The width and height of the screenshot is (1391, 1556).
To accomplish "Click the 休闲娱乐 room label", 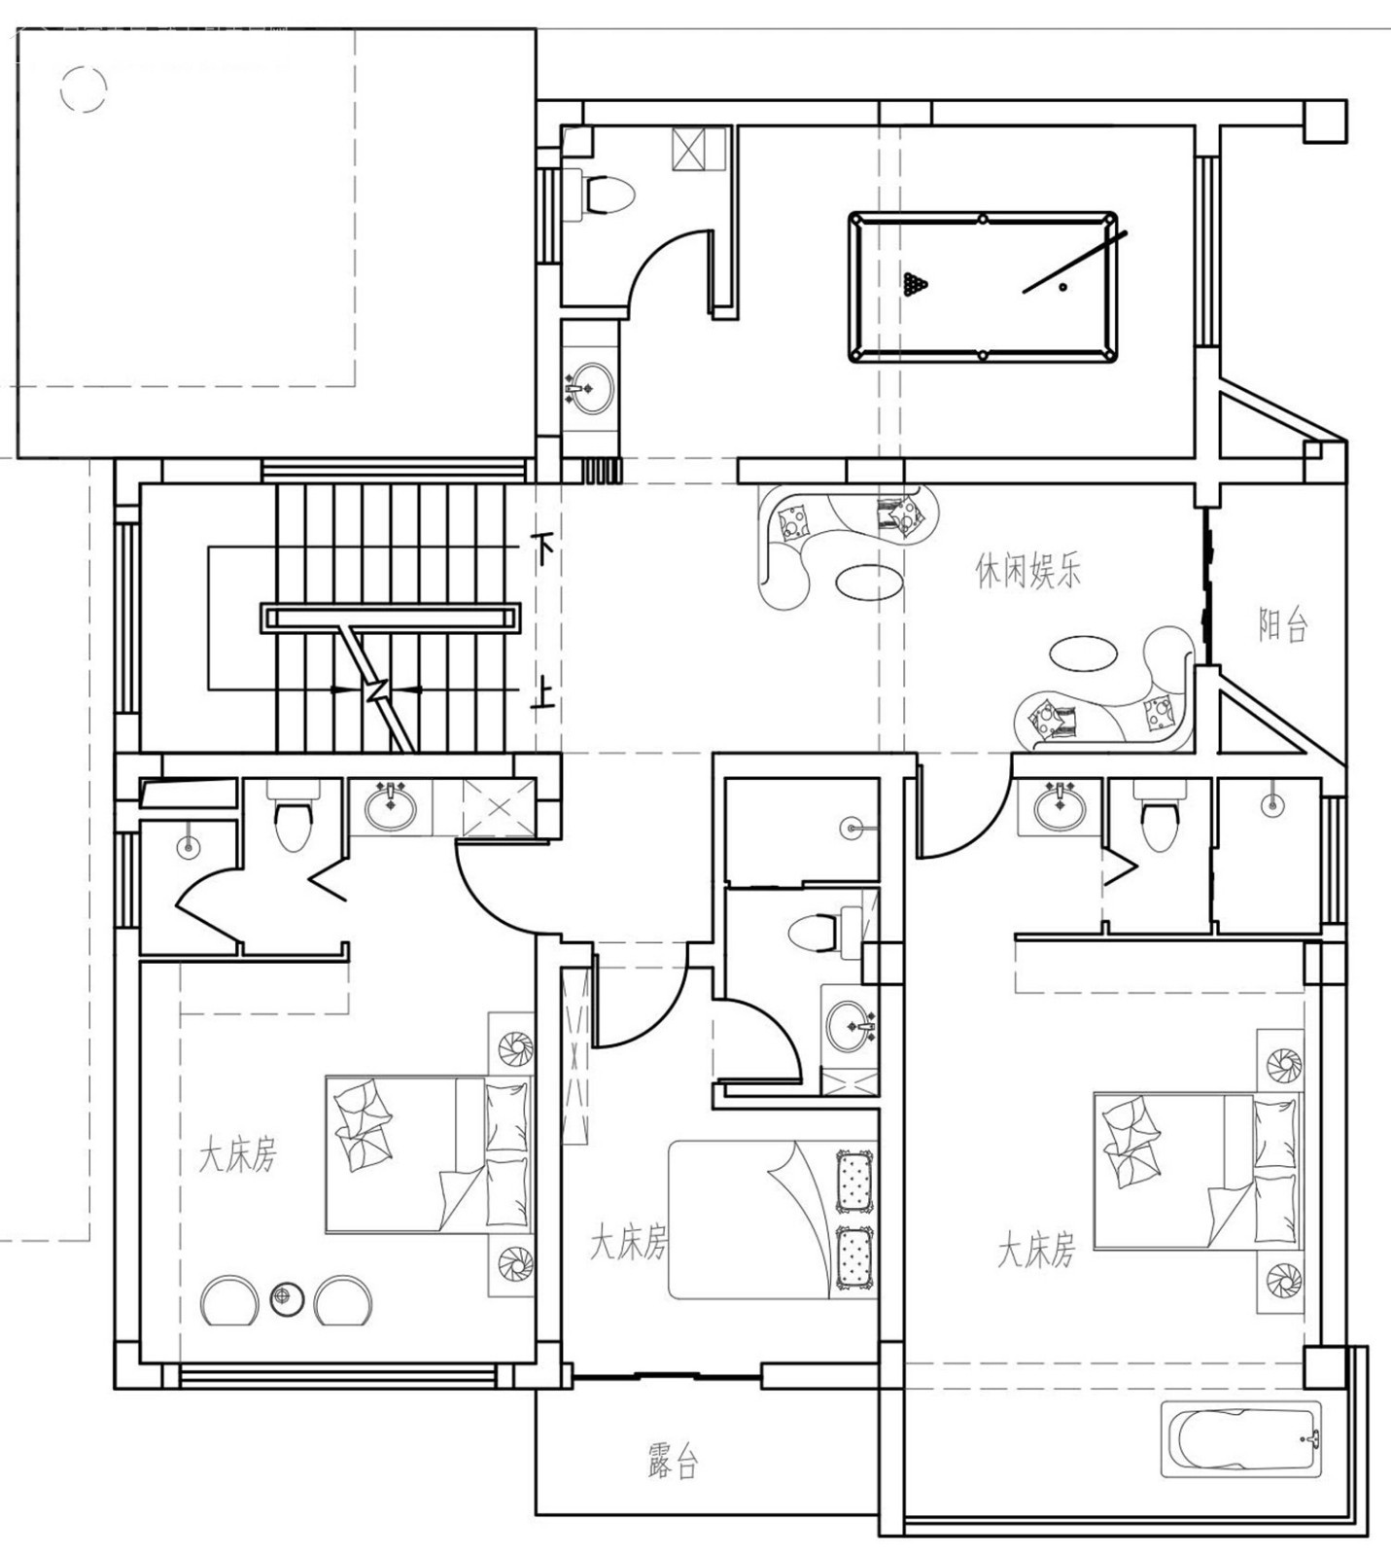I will click(1027, 571).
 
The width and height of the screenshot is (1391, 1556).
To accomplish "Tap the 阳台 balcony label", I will click(1282, 624).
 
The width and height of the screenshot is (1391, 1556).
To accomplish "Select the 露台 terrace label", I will click(673, 1461).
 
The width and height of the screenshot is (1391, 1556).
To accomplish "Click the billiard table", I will click(983, 286).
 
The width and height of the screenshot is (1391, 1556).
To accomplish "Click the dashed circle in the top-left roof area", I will click(83, 88).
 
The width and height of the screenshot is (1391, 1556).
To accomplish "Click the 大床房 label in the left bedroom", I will click(238, 1156).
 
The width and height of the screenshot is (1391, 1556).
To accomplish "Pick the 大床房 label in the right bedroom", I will click(1036, 1251).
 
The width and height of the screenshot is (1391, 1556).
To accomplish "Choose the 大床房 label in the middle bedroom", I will click(629, 1244).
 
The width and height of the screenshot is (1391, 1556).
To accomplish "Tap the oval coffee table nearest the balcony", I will click(1081, 653).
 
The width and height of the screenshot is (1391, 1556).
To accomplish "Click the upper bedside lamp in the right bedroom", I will click(1280, 1066).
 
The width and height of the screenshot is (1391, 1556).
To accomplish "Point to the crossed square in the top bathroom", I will click(699, 149).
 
